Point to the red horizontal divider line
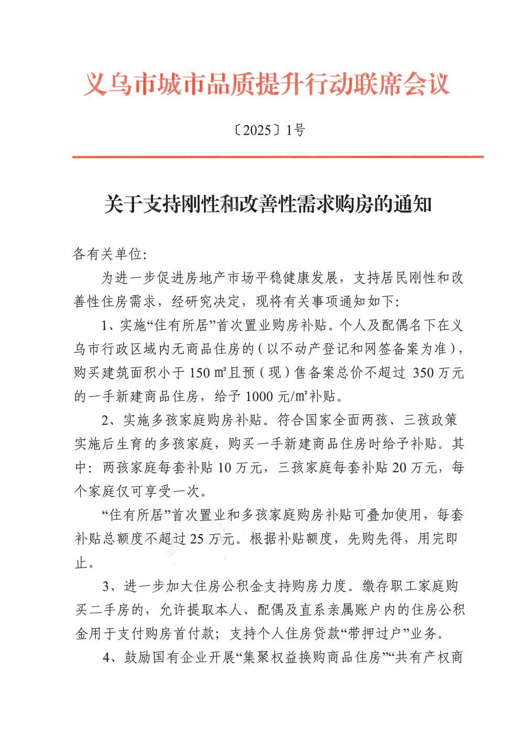click(277, 156)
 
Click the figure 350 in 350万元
click(424, 373)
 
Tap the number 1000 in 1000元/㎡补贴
click(259, 396)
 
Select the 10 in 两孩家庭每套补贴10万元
click(224, 468)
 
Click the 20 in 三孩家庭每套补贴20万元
click(399, 468)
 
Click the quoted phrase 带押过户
click(375, 633)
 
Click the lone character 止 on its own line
click(81, 563)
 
